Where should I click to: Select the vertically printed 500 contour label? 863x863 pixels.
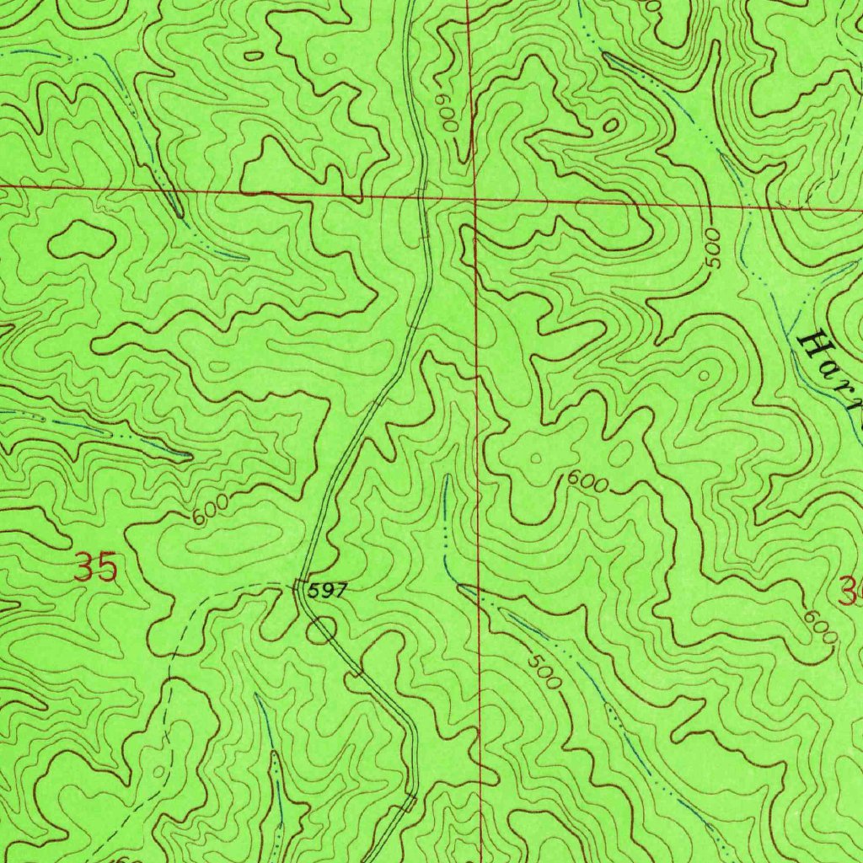coord(714,248)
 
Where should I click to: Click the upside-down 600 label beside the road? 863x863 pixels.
coord(446,112)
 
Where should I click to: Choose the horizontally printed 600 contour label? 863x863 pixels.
coord(587,482)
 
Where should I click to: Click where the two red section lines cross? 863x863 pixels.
coord(474,201)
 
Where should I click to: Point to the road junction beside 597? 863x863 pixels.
coord(297,583)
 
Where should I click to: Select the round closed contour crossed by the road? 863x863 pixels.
coord(321,630)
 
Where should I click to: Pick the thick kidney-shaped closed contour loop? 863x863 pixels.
coord(81,240)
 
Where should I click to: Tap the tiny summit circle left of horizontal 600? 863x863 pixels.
coord(533,459)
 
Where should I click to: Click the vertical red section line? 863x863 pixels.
coord(476,421)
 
